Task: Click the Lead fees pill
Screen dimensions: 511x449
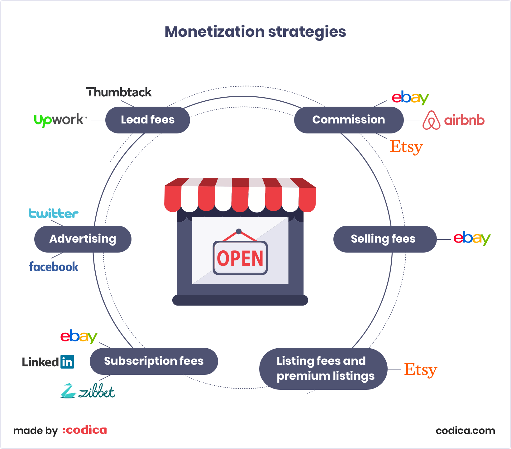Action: pyautogui.click(x=148, y=120)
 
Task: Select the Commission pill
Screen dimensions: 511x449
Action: pyautogui.click(x=349, y=120)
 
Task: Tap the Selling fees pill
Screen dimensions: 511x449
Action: pyautogui.click(x=385, y=239)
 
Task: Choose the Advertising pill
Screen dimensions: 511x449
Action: pyautogui.click(x=83, y=239)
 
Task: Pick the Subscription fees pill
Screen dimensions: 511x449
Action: pyautogui.click(x=154, y=361)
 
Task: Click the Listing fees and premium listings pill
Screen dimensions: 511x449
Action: pyautogui.click(x=323, y=369)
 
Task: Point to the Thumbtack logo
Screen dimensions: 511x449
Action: pyautogui.click(x=119, y=92)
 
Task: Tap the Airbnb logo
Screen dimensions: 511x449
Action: pyautogui.click(x=454, y=120)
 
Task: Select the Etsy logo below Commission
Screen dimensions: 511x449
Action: pyautogui.click(x=407, y=147)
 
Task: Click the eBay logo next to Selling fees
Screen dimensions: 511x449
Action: pyautogui.click(x=472, y=238)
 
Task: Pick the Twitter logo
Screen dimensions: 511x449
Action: pyautogui.click(x=54, y=214)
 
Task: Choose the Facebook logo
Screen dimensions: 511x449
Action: pyautogui.click(x=54, y=267)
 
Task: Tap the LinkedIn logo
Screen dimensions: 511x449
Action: pyautogui.click(x=48, y=362)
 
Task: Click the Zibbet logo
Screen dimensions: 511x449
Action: pyautogui.click(x=88, y=391)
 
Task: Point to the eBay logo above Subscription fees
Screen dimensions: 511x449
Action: pyautogui.click(x=79, y=336)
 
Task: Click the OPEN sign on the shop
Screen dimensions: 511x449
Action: pyautogui.click(x=240, y=258)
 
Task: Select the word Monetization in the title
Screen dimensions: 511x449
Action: pyautogui.click(x=215, y=32)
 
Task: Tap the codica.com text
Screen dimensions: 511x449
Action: pyautogui.click(x=466, y=431)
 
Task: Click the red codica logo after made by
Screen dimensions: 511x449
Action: pyautogui.click(x=85, y=430)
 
